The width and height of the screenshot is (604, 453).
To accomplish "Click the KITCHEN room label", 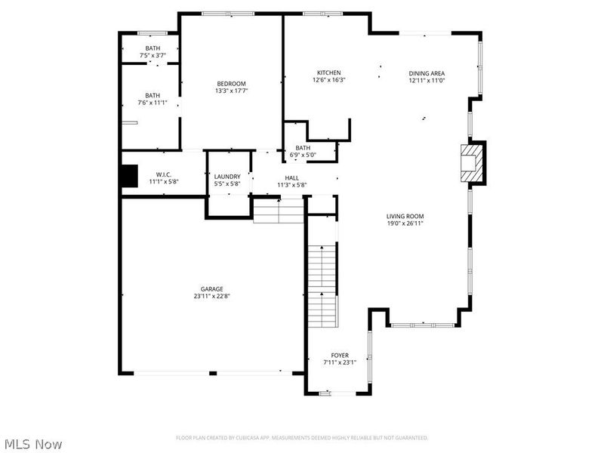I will click(328, 72).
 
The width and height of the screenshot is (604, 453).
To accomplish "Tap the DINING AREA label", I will click(427, 72).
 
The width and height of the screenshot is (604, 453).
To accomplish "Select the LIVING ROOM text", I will click(405, 216).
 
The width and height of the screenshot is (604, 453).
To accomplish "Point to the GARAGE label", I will click(211, 289).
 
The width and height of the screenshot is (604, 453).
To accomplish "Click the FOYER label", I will click(340, 355).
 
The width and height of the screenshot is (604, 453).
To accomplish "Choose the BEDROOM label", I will click(231, 83).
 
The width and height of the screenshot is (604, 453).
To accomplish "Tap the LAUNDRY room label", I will click(227, 176).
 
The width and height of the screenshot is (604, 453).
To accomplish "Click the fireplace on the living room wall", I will click(473, 162).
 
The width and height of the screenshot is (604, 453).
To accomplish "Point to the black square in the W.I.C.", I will click(130, 175).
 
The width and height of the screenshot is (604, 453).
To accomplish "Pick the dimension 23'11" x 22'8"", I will click(211, 297).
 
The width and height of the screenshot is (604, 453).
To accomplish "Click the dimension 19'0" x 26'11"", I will click(405, 223).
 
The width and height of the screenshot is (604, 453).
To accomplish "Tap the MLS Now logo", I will click(33, 444).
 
